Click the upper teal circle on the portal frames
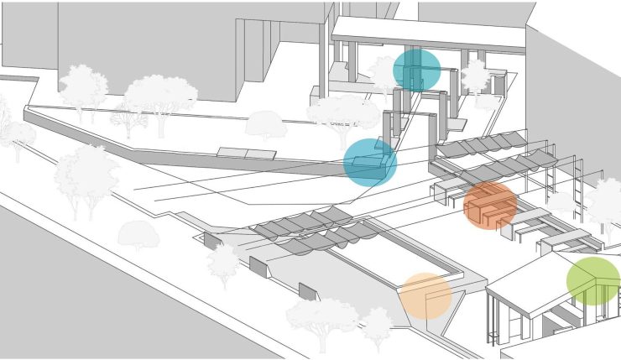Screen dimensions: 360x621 [x=416, y=70]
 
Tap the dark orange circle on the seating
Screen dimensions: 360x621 [x=490, y=206]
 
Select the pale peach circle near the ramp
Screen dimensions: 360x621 [x=425, y=295]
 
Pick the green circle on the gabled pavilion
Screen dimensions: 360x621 [x=593, y=281]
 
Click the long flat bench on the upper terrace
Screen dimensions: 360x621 [x=247, y=153]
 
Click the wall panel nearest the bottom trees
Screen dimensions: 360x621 [x=308, y=291]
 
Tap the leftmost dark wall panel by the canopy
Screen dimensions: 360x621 [x=212, y=241]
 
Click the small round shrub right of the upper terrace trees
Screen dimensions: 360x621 [x=265, y=125]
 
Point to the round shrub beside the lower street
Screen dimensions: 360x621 [x=138, y=235]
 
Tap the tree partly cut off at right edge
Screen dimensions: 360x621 [x=606, y=201]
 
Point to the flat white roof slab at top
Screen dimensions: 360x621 [x=428, y=33]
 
